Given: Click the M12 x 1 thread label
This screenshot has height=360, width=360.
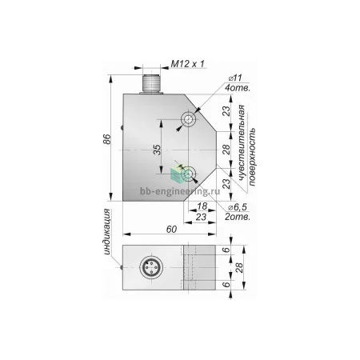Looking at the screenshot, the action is [x=187, y=64].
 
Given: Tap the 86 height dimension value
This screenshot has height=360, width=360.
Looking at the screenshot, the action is [x=107, y=139].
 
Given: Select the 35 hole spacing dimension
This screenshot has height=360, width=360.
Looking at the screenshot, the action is [x=158, y=150].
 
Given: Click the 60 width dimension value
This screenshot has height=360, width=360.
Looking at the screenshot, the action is [x=171, y=229].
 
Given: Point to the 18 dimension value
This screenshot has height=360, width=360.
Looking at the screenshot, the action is [x=202, y=206].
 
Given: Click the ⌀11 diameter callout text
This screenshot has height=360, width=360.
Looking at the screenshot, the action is [x=235, y=78].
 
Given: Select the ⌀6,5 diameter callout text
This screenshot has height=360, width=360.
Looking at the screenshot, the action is [x=237, y=207].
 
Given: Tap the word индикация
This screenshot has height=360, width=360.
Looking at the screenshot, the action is [x=107, y=232].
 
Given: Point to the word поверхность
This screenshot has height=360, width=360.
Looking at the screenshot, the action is [x=252, y=157].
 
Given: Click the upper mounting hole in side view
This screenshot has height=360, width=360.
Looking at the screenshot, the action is [x=189, y=118].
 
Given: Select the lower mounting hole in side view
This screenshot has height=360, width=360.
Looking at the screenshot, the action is [x=189, y=174].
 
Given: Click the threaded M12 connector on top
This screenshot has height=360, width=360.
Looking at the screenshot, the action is [x=151, y=84].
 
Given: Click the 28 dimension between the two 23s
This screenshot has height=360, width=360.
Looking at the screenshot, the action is [x=226, y=150].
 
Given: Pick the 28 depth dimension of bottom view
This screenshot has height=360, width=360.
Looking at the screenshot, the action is [x=239, y=267].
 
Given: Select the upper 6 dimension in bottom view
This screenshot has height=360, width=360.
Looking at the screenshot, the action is [x=226, y=250].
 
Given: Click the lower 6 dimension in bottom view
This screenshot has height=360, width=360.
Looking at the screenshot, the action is [x=226, y=285].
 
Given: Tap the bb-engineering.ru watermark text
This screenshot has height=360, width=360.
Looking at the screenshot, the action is [x=180, y=191].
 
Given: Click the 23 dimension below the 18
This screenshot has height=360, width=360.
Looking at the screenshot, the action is [x=201, y=217].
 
